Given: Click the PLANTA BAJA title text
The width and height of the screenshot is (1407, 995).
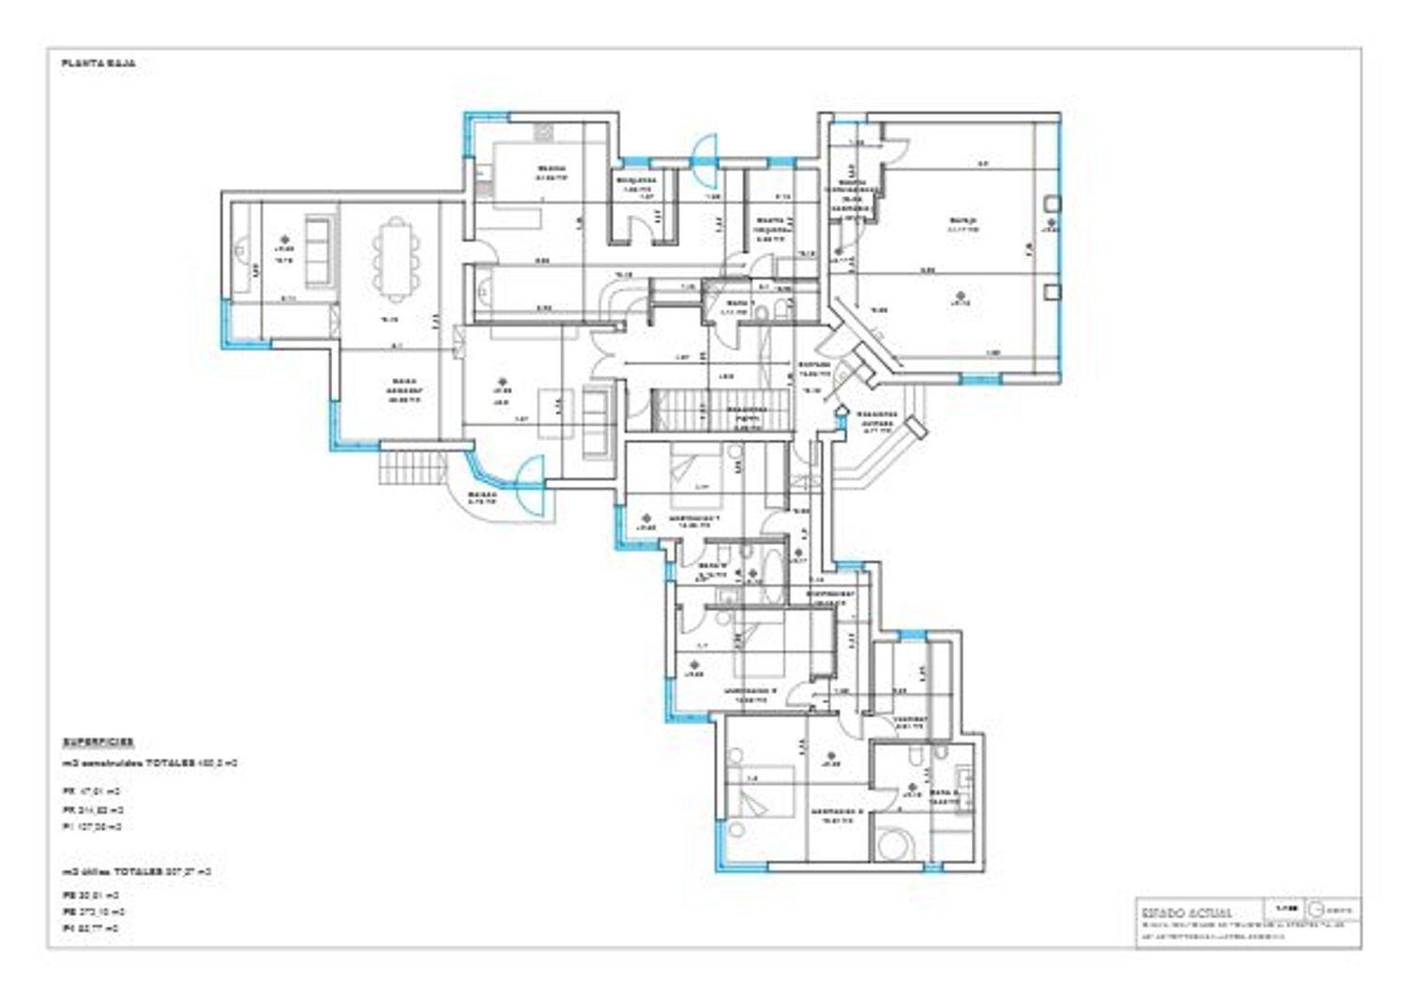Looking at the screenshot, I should [x=98, y=64].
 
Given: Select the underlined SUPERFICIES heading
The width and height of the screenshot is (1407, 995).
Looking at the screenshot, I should [x=98, y=741].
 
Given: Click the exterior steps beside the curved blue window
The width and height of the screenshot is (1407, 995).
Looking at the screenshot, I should [x=410, y=466].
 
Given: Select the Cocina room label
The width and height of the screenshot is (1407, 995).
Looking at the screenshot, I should [x=552, y=171].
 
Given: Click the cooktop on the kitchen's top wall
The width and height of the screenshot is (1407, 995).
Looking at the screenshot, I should [x=544, y=132].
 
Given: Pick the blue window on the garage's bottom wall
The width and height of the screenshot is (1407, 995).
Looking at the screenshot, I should [x=980, y=379].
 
